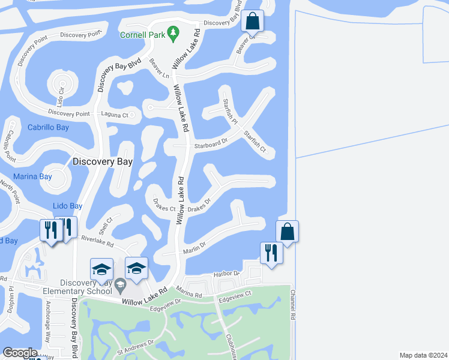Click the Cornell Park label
[x=142, y=35]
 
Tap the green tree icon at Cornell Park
[x=174, y=31]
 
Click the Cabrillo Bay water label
[x=48, y=127]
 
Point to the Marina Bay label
[x=32, y=177]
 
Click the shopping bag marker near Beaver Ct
[x=253, y=22]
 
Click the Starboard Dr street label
[x=211, y=144]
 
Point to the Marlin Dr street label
[x=194, y=245]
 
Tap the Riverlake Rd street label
[x=97, y=242]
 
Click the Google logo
[x=20, y=353]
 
